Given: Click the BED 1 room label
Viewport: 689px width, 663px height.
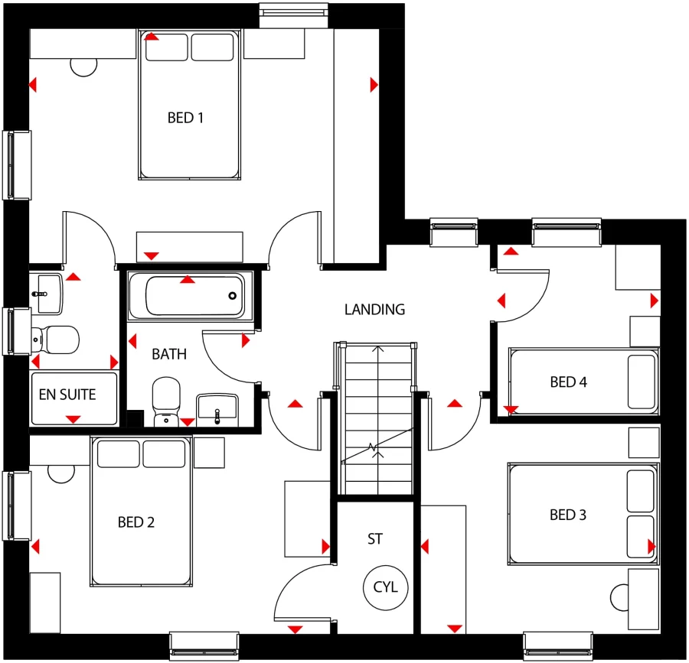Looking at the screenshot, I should [x=185, y=118].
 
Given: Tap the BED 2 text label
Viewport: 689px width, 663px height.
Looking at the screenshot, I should [x=136, y=522].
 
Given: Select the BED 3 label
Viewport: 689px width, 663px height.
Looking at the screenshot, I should [x=568, y=515].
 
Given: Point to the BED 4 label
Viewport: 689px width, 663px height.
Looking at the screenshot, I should [x=568, y=382].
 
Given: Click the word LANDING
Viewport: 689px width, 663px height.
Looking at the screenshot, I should [x=374, y=310].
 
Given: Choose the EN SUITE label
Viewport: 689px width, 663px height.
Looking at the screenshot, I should [x=67, y=395].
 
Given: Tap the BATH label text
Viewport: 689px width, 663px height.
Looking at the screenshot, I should [x=169, y=354].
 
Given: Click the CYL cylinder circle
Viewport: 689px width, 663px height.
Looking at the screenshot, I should [x=386, y=588].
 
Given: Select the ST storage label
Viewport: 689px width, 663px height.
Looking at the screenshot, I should [x=375, y=539].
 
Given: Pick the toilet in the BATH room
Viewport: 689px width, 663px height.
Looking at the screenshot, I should [x=165, y=398].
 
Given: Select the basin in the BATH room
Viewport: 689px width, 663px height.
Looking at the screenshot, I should [x=218, y=407].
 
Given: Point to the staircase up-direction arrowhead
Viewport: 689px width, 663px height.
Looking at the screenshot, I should [x=376, y=350].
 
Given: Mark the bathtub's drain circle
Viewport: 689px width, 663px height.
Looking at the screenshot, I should [x=232, y=296].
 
